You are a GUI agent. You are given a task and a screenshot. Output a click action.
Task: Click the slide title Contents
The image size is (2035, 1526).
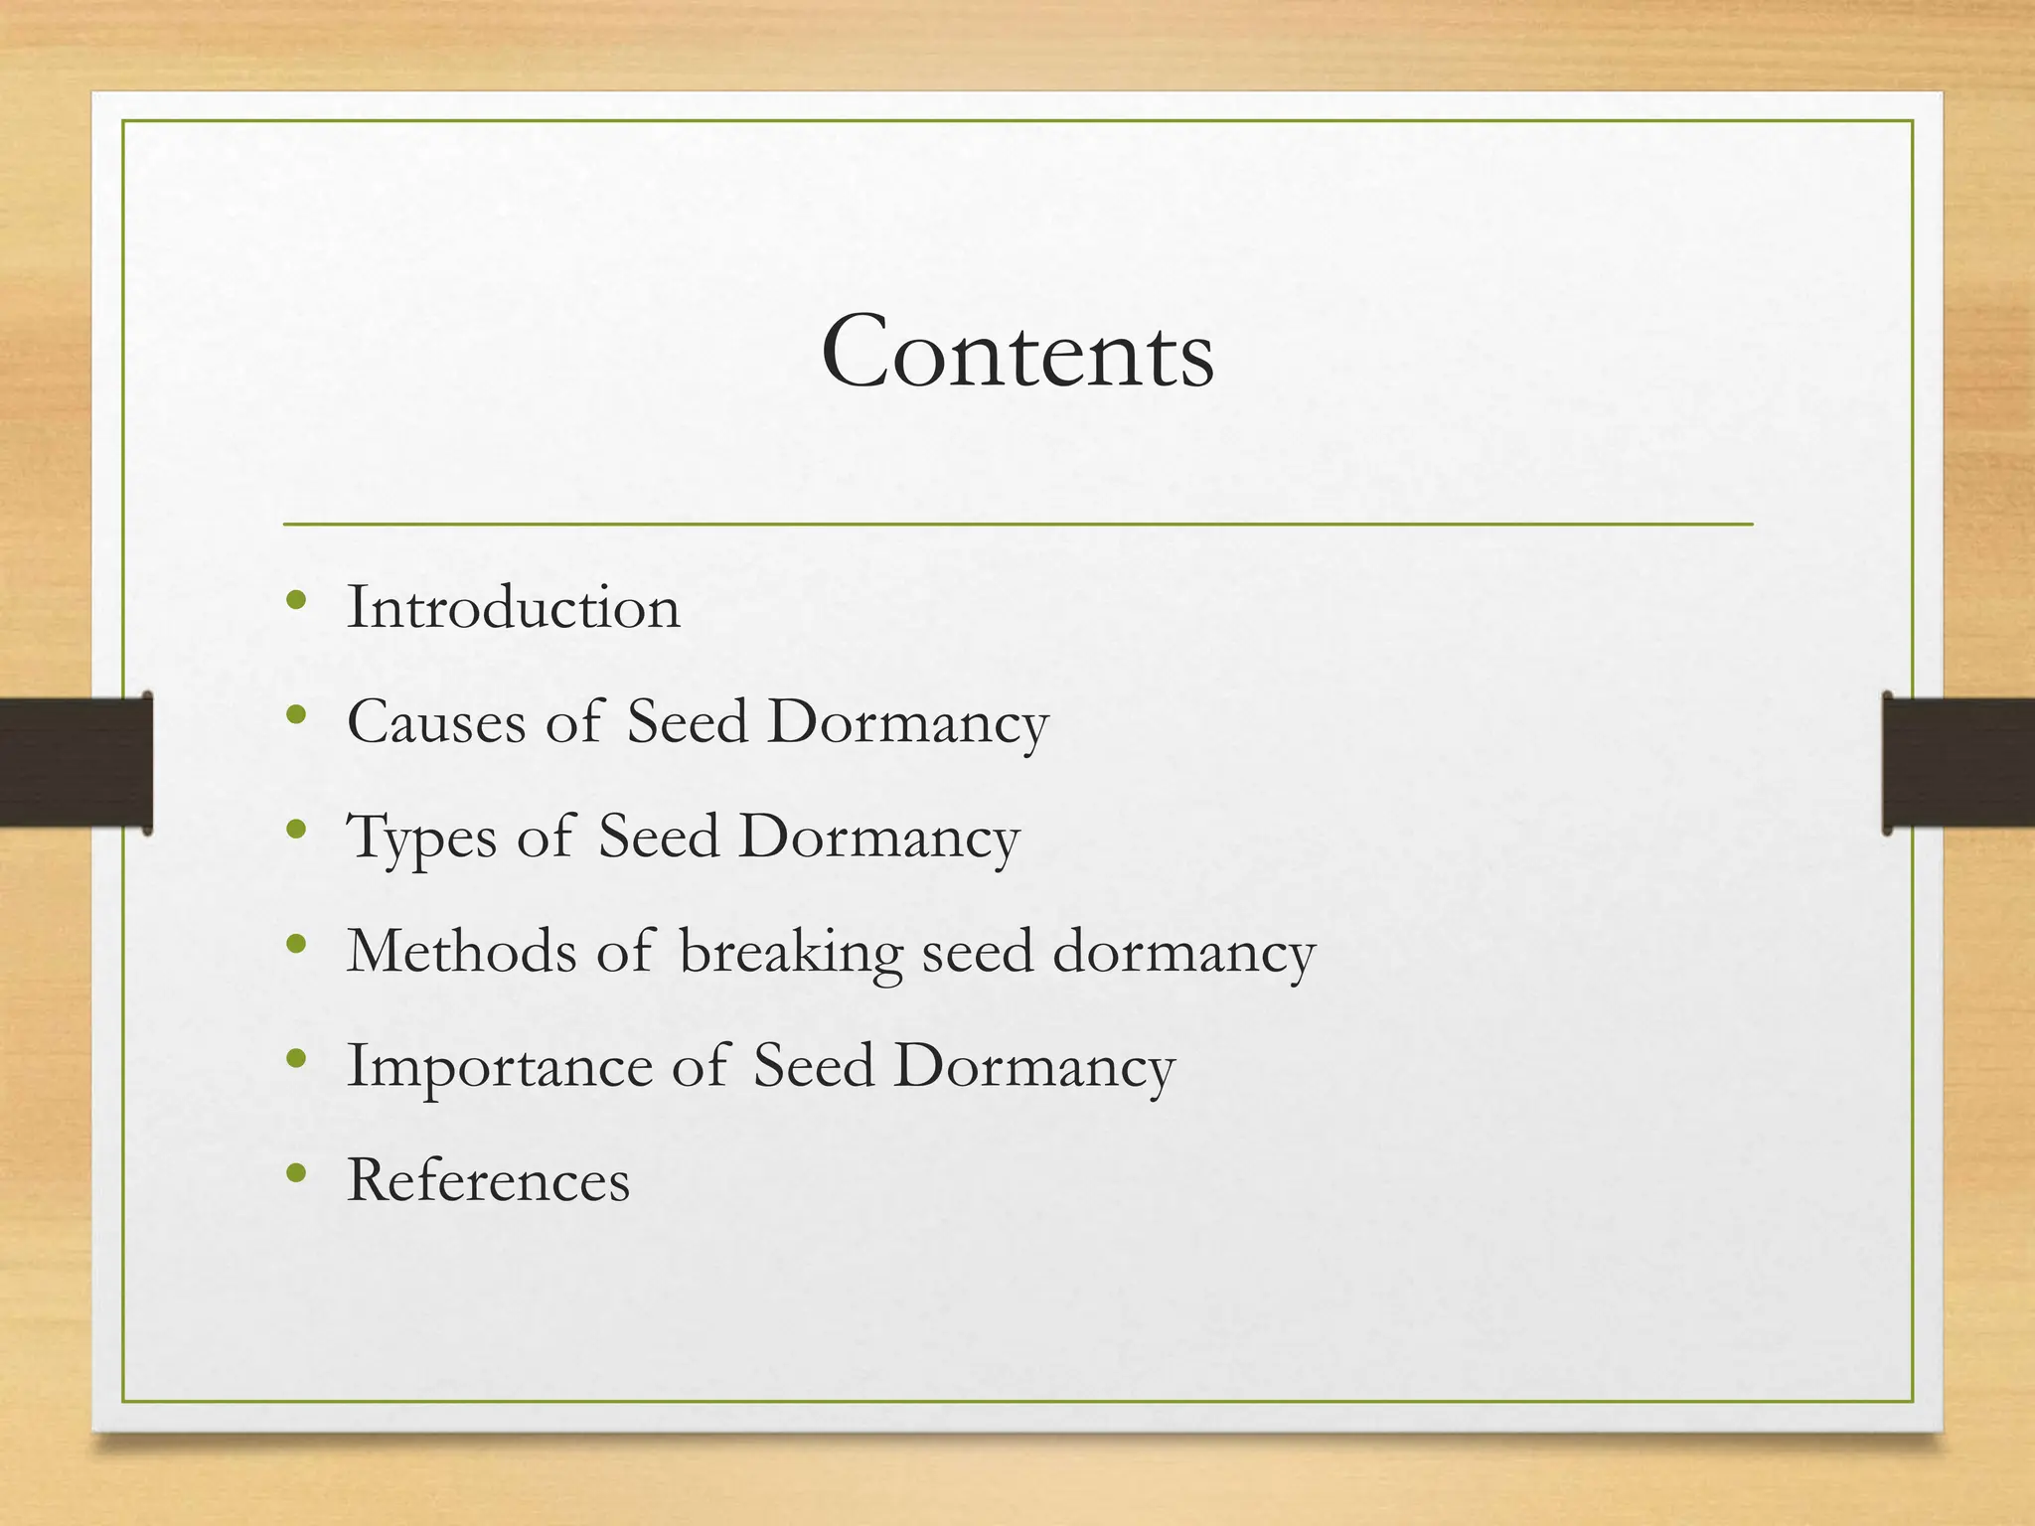click(1017, 353)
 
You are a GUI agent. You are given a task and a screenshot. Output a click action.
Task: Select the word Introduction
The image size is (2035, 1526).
click(513, 607)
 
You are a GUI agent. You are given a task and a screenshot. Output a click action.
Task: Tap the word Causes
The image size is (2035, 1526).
click(436, 722)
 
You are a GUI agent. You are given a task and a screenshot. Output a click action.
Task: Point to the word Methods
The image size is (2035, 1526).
click(461, 952)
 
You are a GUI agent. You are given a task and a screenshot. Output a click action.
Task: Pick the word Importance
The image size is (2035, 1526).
click(500, 1066)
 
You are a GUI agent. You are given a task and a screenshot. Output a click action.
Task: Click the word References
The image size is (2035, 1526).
click(488, 1181)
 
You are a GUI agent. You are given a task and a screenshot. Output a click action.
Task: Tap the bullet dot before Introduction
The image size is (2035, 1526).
click(295, 600)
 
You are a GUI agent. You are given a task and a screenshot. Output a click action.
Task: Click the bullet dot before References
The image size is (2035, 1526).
click(295, 1173)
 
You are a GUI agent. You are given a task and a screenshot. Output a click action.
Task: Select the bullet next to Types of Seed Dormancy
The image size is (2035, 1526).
click(295, 830)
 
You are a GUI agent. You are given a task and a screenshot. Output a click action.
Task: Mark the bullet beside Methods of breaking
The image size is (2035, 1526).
click(295, 944)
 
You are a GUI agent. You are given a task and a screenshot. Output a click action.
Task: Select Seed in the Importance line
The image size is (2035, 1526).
click(813, 1066)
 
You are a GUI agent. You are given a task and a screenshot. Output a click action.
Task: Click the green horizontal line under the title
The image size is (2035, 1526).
click(1017, 524)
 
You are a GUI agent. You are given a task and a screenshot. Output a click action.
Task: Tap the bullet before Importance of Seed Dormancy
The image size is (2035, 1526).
click(295, 1059)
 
